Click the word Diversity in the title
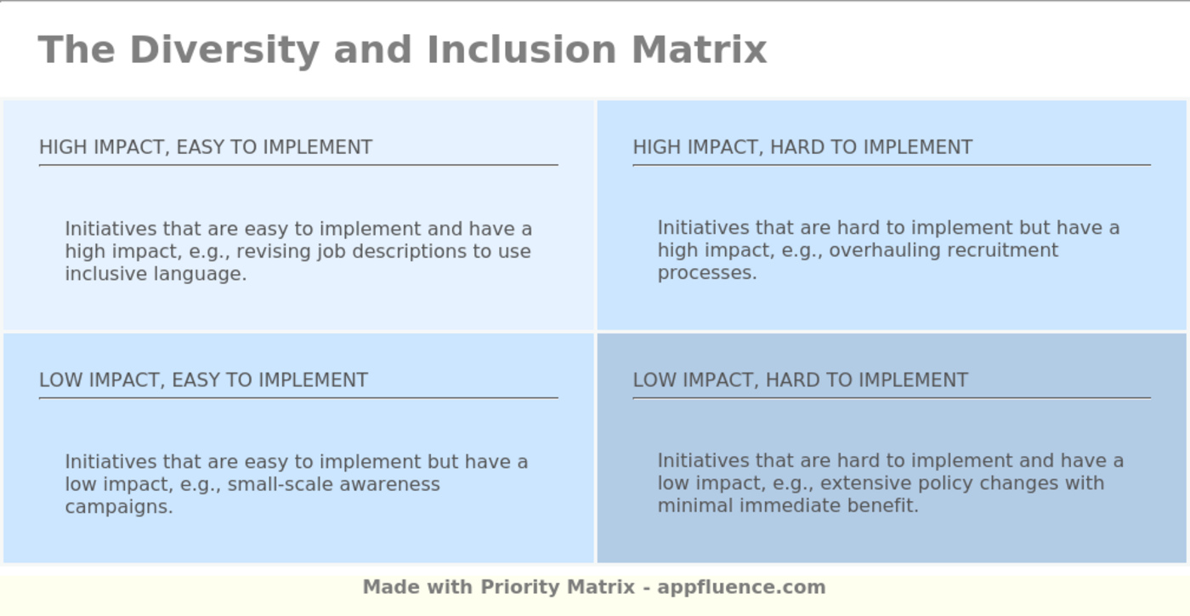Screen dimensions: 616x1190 (x=224, y=49)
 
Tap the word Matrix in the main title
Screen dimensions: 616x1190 (x=699, y=49)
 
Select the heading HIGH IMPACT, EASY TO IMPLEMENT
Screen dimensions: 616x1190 (x=206, y=147)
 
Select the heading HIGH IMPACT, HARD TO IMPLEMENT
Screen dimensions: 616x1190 (x=802, y=147)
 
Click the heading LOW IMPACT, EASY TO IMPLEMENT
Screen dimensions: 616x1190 (x=203, y=380)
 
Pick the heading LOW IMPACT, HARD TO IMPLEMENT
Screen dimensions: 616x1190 (x=800, y=380)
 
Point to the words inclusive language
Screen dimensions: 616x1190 (x=156, y=274)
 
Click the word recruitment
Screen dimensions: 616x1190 (x=1002, y=250)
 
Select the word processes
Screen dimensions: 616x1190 (x=705, y=273)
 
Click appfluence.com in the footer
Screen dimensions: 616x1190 (x=741, y=587)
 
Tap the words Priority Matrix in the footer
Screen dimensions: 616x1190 (x=558, y=587)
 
